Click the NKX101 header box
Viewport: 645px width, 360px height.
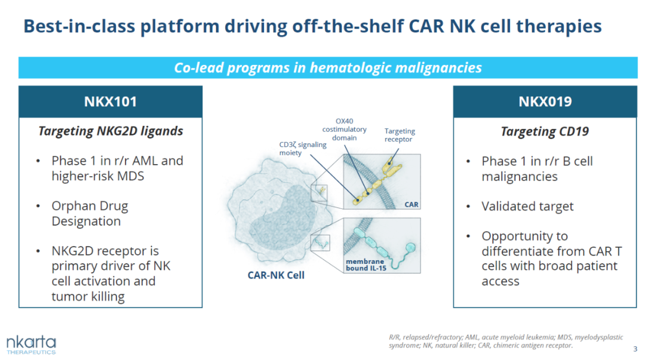(x=110, y=101)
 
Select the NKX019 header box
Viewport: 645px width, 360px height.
(x=545, y=101)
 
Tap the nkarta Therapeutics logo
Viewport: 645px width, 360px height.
(x=31, y=344)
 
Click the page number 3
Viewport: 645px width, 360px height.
(x=634, y=349)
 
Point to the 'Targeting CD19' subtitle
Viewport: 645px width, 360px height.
(x=545, y=131)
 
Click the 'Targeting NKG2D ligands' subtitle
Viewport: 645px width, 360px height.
(x=110, y=131)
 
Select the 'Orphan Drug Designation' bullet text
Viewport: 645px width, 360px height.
(x=90, y=213)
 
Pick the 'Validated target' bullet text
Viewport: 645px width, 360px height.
(x=527, y=206)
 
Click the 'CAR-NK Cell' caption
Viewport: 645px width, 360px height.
(x=276, y=275)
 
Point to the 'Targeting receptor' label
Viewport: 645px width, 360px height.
(x=400, y=135)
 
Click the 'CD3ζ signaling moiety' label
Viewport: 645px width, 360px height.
(x=302, y=149)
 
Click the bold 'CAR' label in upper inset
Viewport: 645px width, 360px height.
(x=411, y=204)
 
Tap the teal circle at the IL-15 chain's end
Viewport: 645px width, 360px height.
(x=410, y=247)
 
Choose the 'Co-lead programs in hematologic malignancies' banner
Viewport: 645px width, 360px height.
(x=327, y=67)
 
